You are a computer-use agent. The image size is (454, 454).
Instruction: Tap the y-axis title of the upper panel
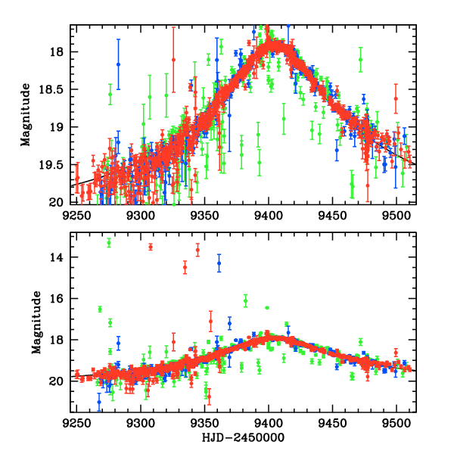[26, 114]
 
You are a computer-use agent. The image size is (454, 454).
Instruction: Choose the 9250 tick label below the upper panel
[76, 215]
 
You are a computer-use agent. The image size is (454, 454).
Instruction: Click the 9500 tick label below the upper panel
[396, 215]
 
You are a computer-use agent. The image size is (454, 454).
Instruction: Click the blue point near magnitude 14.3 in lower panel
[219, 263]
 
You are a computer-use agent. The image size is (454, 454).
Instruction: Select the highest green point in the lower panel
[109, 243]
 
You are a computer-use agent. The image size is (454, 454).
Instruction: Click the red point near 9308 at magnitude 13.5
[151, 247]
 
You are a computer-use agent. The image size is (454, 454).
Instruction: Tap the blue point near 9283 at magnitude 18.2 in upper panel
[118, 65]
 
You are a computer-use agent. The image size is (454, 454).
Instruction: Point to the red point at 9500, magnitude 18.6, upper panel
[396, 98]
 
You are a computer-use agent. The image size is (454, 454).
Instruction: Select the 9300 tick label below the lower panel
[141, 423]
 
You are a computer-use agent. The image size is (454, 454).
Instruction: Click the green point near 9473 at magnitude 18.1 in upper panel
[361, 59]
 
